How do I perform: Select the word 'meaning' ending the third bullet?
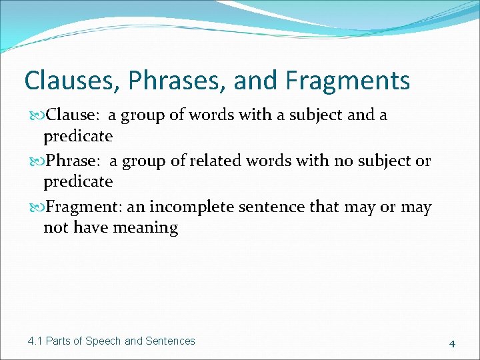[145, 228]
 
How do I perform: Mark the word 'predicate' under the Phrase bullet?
[78, 182]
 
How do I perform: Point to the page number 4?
[452, 344]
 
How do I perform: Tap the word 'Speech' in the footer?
[105, 341]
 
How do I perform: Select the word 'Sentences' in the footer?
[171, 341]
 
